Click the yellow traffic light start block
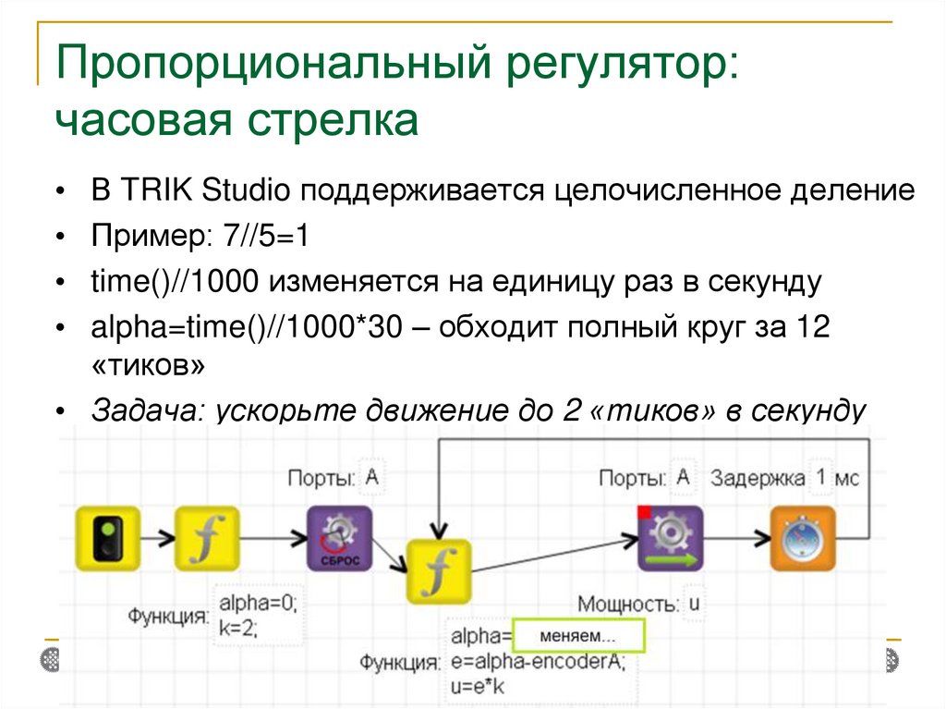[x=106, y=538]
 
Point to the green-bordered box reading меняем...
[x=577, y=637]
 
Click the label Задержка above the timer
[x=758, y=478]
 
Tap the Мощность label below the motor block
[x=626, y=605]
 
